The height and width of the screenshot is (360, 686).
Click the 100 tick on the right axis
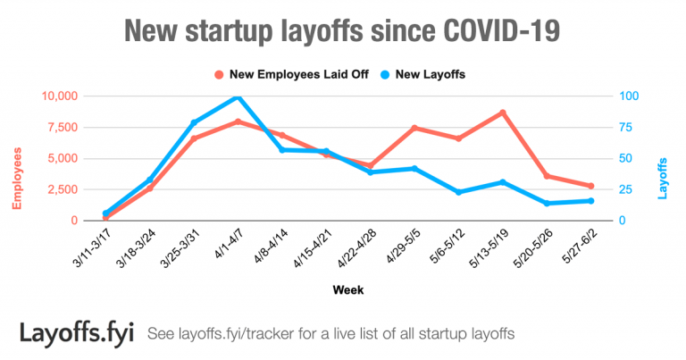(x=632, y=96)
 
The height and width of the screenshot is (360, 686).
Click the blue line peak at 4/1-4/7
(x=237, y=96)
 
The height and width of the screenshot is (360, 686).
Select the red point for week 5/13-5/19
(x=503, y=113)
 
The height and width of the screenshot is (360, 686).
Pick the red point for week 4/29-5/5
(x=414, y=128)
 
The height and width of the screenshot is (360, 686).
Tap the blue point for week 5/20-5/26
(x=547, y=204)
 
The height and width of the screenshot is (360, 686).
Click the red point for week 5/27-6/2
(x=590, y=186)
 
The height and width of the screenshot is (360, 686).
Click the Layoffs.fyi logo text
(x=77, y=332)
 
